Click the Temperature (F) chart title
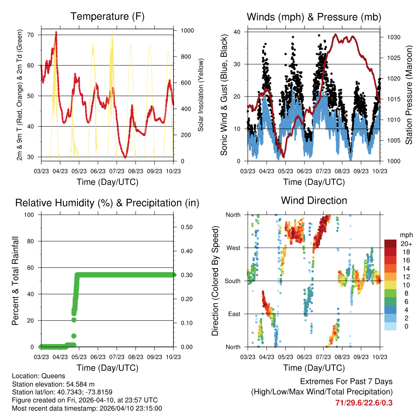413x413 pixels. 107,17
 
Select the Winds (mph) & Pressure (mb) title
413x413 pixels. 314,17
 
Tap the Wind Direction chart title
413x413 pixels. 314,200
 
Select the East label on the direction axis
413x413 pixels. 234,314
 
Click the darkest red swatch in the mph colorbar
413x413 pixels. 390,244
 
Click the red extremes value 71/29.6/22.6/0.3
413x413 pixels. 364,403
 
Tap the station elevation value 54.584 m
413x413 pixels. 80,384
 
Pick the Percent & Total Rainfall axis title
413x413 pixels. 15,281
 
